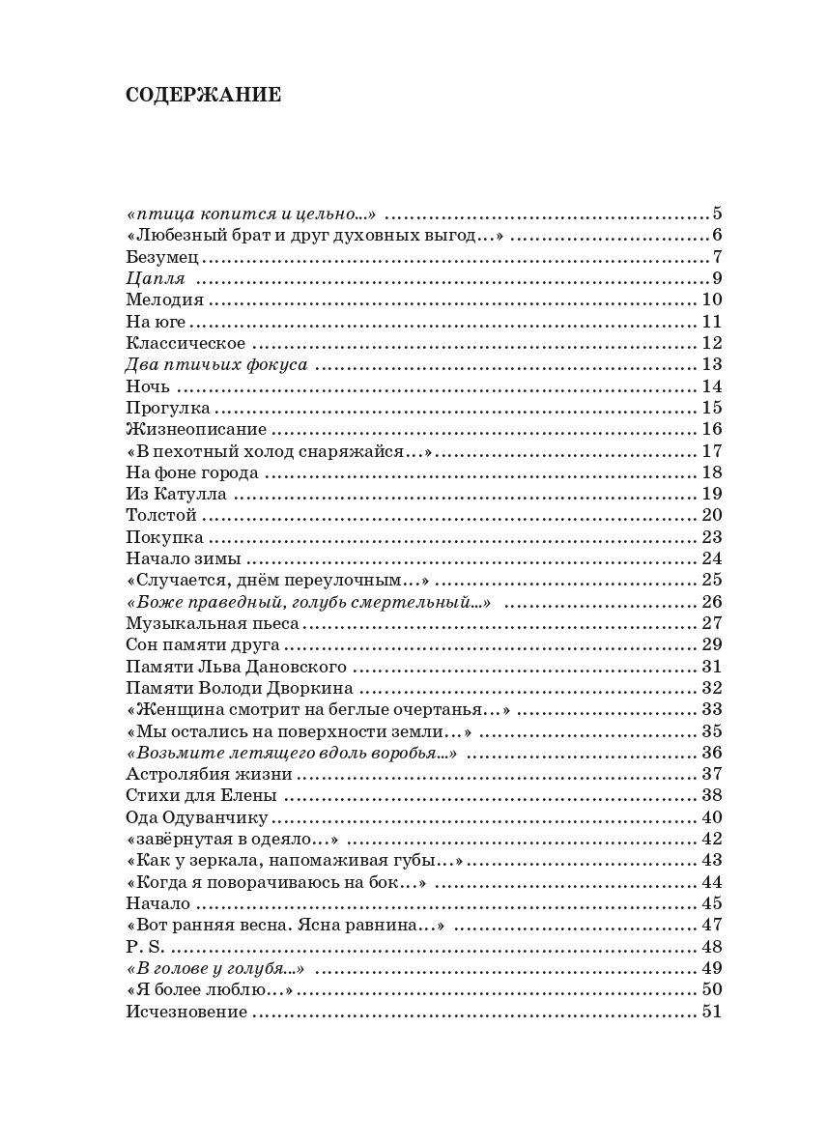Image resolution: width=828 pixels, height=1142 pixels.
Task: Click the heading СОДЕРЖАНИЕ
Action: click(203, 95)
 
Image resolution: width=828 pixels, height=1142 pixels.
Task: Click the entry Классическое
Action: click(186, 343)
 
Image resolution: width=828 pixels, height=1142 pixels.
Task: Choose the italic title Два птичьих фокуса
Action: click(216, 364)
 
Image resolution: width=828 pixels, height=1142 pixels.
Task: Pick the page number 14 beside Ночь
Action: click(711, 386)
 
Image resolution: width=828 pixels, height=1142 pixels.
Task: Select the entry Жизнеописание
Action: click(196, 429)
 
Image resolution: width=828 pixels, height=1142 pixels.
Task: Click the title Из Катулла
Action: click(176, 495)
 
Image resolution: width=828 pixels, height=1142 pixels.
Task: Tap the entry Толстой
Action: click(161, 515)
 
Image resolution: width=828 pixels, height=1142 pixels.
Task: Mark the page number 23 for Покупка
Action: click(711, 537)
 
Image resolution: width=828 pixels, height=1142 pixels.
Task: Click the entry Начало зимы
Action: click(184, 558)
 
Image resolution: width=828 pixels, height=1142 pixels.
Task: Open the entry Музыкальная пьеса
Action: click(212, 623)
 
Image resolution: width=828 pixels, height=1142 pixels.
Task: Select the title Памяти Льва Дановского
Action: click(236, 667)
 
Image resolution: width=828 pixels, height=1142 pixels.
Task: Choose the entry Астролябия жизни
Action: click(209, 774)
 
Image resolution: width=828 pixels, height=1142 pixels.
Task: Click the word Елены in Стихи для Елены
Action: click(253, 795)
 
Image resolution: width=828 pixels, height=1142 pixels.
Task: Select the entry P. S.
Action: click(141, 946)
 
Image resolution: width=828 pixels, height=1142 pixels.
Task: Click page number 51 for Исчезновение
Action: click(711, 1012)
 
